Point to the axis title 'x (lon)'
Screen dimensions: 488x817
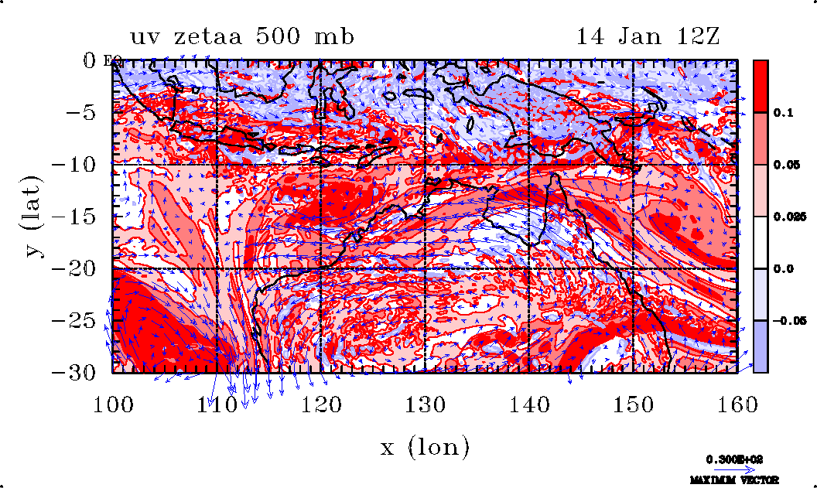coord(425,446)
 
